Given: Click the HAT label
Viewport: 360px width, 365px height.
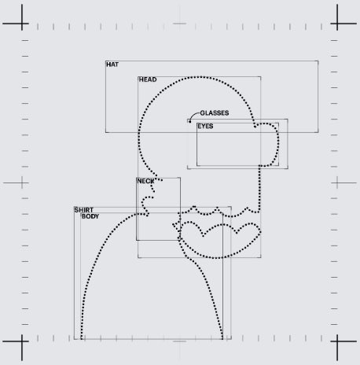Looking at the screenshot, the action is pos(112,65).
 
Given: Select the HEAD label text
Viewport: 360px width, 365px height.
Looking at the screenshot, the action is pos(148,79).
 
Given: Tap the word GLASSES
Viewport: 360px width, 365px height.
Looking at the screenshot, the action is pos(215,113).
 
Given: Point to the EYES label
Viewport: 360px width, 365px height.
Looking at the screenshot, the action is pos(205,126).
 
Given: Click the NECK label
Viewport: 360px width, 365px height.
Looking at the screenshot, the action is pos(145,181).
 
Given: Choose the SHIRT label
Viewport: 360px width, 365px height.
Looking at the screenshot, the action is pos(84,210).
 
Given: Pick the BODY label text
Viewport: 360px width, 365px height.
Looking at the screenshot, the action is pos(90,216).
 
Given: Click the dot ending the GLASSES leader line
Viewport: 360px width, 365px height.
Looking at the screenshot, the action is pos(190,121).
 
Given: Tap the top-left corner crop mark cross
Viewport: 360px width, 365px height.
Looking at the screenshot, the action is pos(22,24).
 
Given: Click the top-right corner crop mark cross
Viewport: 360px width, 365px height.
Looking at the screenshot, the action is pos(337,24).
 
